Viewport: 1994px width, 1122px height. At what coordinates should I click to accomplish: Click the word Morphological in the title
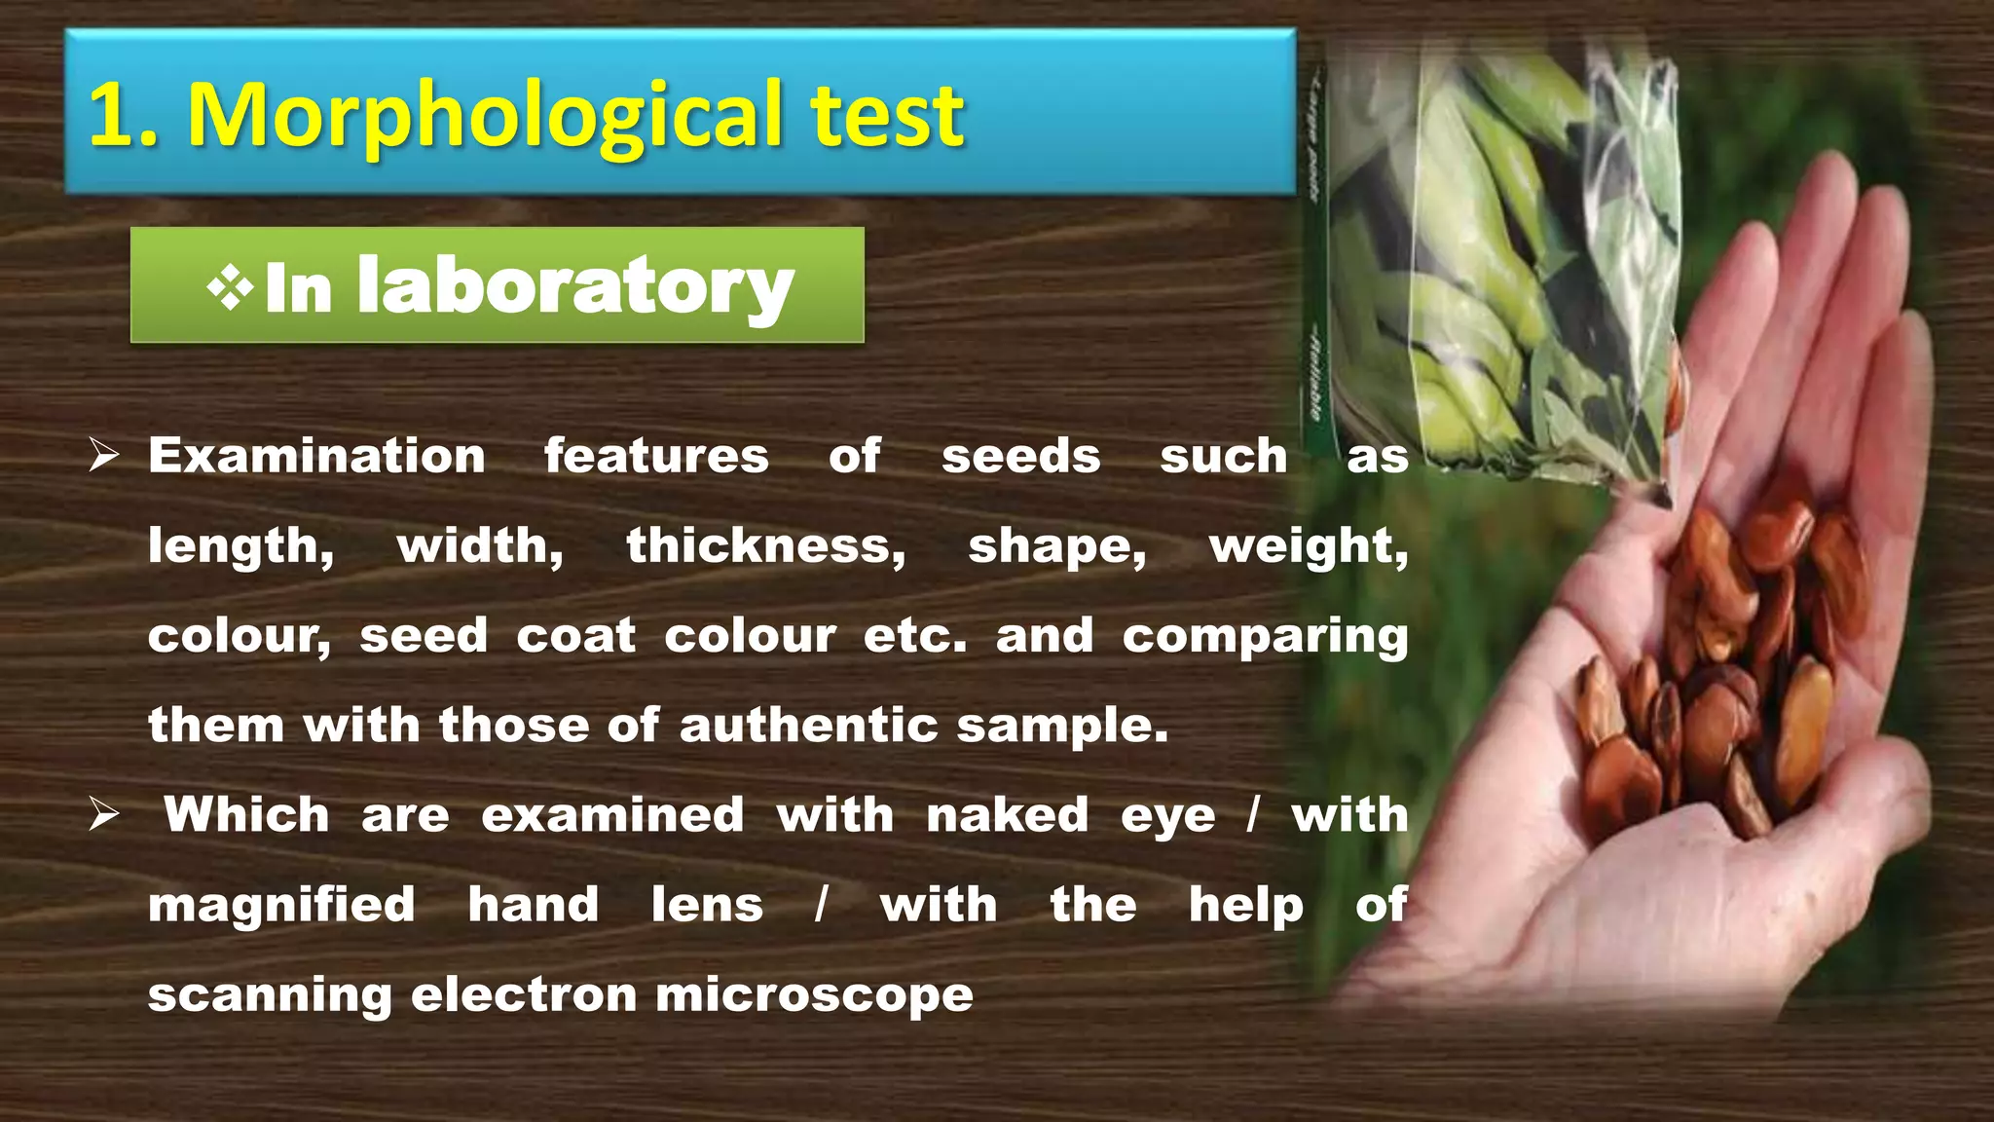[x=485, y=118]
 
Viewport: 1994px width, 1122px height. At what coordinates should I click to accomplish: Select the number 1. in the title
[x=123, y=118]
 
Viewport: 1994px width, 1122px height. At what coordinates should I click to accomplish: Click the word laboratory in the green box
[x=575, y=286]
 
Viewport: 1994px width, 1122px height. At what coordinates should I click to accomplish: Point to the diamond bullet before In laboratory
[x=230, y=288]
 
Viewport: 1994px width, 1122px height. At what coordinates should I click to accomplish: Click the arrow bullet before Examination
[x=103, y=455]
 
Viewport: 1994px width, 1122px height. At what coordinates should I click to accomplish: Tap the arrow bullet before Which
[x=103, y=814]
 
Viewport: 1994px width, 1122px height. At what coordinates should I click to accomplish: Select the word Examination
[x=316, y=456]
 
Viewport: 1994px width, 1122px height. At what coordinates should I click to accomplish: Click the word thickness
[x=765, y=545]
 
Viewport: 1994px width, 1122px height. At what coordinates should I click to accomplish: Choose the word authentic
[x=808, y=726]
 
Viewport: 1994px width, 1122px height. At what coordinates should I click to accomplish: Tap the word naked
[x=1007, y=815]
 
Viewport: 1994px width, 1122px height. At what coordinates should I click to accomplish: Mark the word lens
[x=707, y=905]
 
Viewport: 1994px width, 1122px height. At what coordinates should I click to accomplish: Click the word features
[x=656, y=456]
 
